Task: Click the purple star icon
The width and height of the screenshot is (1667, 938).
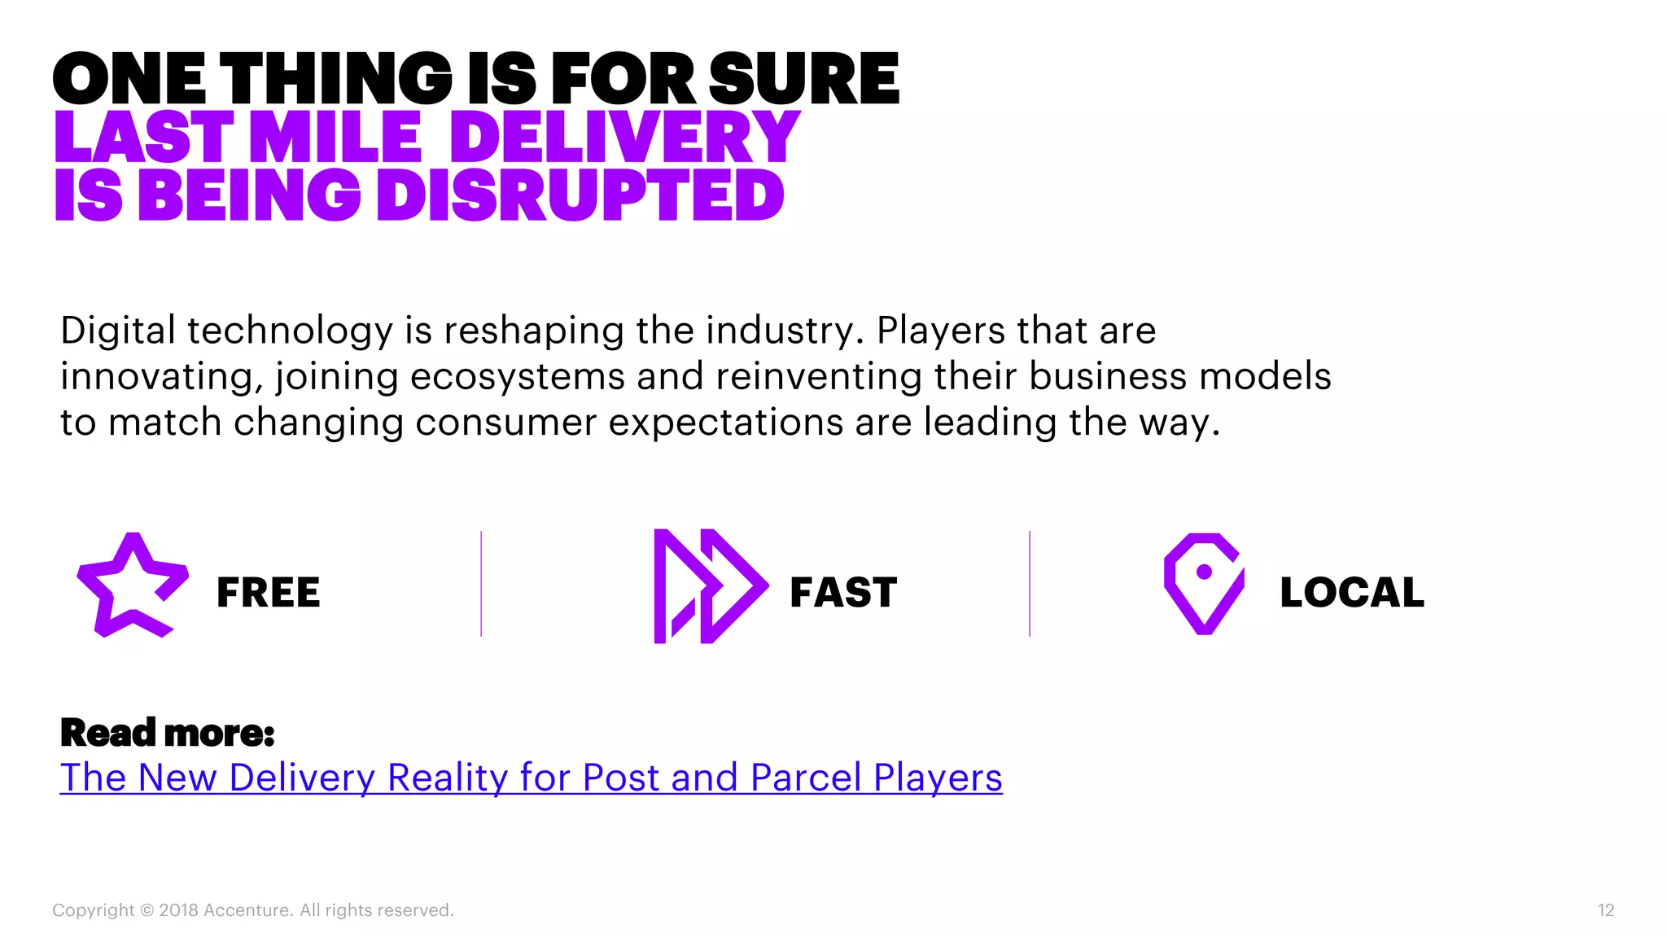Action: pos(133,585)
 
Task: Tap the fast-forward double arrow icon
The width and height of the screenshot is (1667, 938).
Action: pos(710,586)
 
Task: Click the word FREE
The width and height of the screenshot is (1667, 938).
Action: pos(269,592)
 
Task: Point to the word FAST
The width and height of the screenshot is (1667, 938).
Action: pos(843,592)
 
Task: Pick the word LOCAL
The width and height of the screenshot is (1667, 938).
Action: pos(1352,592)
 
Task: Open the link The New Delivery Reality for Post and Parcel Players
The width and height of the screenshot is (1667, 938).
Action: pos(531,777)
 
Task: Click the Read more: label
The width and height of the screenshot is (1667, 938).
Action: pos(168,733)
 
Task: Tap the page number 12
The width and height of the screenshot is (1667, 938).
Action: pos(1605,910)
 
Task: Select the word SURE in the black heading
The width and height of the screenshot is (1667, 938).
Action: pos(803,79)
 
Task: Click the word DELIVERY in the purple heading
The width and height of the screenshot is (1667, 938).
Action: pos(625,137)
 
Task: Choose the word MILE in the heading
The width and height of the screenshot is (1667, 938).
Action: pos(335,137)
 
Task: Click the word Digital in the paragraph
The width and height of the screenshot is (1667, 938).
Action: pos(118,331)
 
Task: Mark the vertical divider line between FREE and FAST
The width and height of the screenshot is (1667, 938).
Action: pos(481,584)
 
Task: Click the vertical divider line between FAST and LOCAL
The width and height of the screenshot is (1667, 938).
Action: pos(1030,584)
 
